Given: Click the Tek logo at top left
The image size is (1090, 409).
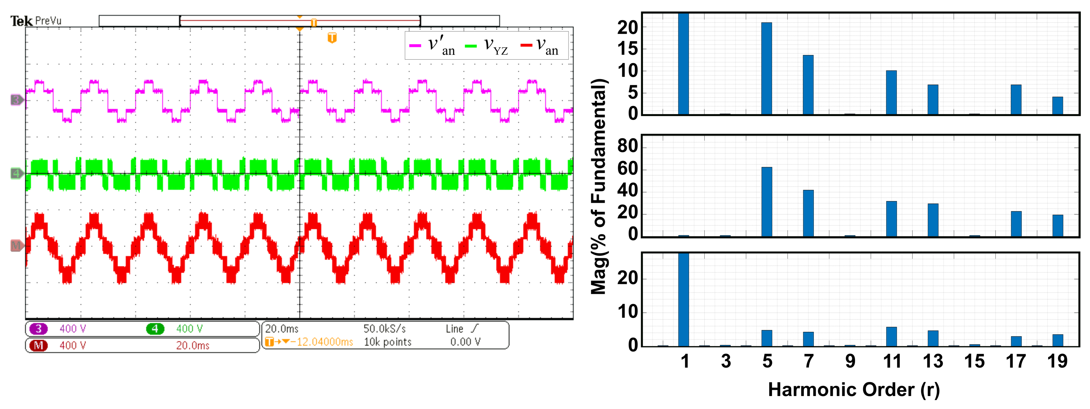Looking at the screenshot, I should pos(21,21).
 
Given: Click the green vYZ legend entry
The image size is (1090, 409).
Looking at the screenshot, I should pos(487,45).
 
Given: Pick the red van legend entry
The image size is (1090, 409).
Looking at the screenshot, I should pos(539,45).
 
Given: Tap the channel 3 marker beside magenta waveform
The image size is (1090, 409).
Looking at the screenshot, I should pos(16,100).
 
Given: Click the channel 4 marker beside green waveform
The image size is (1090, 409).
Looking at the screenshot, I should pos(16,173).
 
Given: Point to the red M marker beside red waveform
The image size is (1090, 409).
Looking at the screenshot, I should pos(16,246).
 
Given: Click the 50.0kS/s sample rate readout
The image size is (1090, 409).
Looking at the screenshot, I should pos(384,329).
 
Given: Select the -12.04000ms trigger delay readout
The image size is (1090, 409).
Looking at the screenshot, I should pos(325,342).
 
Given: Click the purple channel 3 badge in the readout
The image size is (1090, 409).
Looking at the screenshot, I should pos(38,329).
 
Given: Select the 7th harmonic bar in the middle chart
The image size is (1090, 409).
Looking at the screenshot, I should pos(808,213).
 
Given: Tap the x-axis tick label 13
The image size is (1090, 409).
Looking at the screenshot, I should pos(933,362).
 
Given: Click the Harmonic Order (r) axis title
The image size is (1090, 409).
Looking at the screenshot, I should pos(854,389).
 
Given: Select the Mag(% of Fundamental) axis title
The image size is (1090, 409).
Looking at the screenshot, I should pos(599,186).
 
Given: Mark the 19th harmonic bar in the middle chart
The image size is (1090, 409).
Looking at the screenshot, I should pos(1057,226).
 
